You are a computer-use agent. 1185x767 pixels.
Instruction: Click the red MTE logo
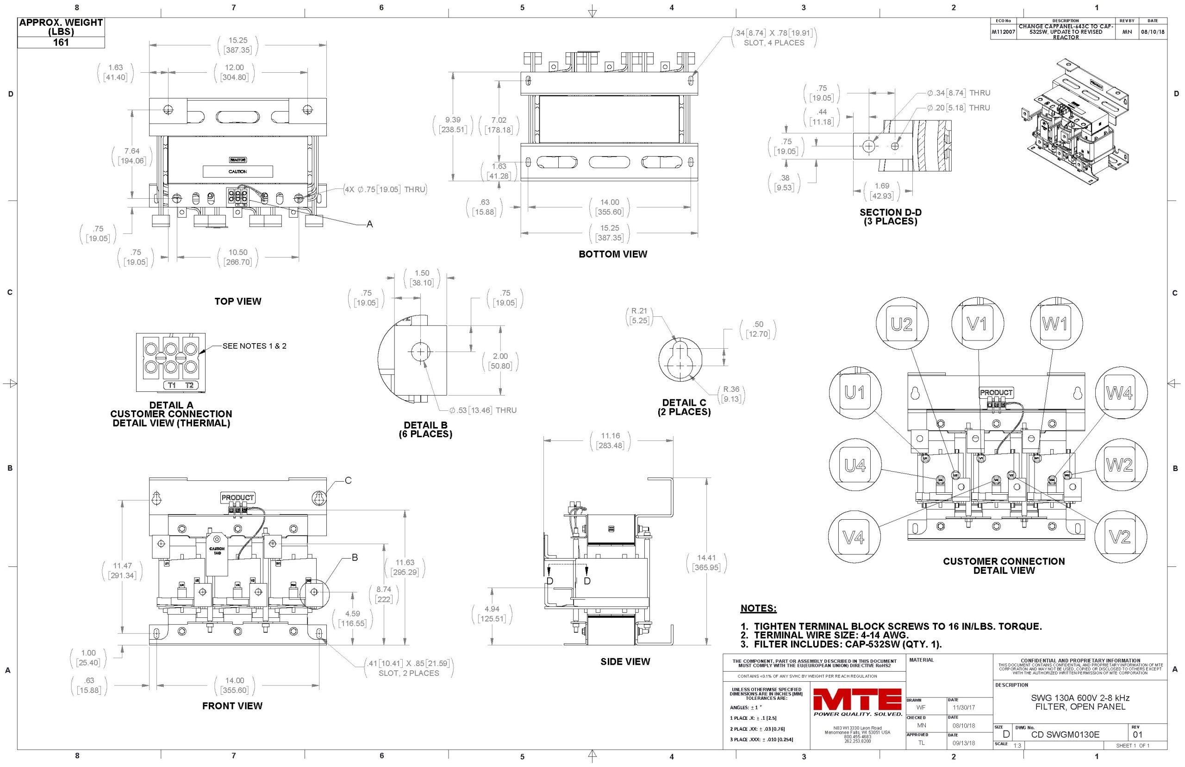(x=857, y=699)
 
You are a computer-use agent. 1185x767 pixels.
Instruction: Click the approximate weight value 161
(x=61, y=42)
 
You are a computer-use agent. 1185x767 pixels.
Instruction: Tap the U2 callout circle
(x=901, y=324)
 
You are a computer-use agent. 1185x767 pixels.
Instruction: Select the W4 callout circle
(x=1119, y=393)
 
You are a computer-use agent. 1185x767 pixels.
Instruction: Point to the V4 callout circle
(x=854, y=537)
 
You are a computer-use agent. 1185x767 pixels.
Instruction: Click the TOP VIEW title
(x=237, y=302)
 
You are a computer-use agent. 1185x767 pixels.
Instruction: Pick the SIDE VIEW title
(x=624, y=661)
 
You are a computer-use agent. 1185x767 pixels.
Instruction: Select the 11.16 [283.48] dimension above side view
(x=610, y=440)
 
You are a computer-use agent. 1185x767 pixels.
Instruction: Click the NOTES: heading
(x=758, y=608)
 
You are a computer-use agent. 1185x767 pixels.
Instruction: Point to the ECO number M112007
(x=1003, y=32)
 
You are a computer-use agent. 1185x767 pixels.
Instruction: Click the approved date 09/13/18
(x=964, y=743)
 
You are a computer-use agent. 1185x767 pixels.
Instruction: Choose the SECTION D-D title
(x=890, y=217)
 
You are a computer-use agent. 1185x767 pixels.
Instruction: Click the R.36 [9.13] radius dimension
(x=730, y=394)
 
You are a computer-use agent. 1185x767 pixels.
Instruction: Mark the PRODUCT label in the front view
(x=237, y=497)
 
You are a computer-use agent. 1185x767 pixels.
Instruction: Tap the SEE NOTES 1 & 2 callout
(x=254, y=346)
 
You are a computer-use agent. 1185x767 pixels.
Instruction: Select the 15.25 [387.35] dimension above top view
(x=237, y=45)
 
